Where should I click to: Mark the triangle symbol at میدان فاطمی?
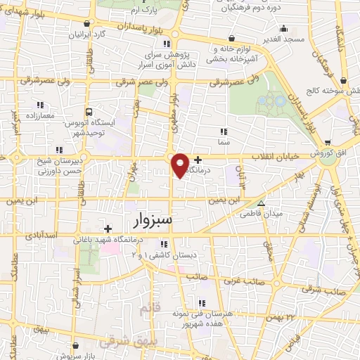pos(262,202)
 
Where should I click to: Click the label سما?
pos(224,141)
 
